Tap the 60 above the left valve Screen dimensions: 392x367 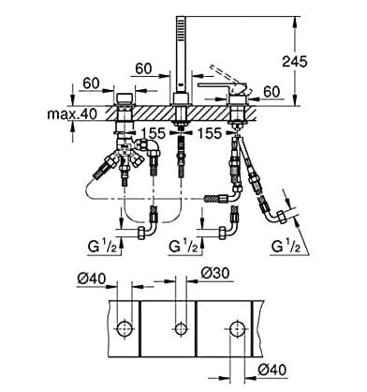92,83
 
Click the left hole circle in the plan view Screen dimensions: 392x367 124,328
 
